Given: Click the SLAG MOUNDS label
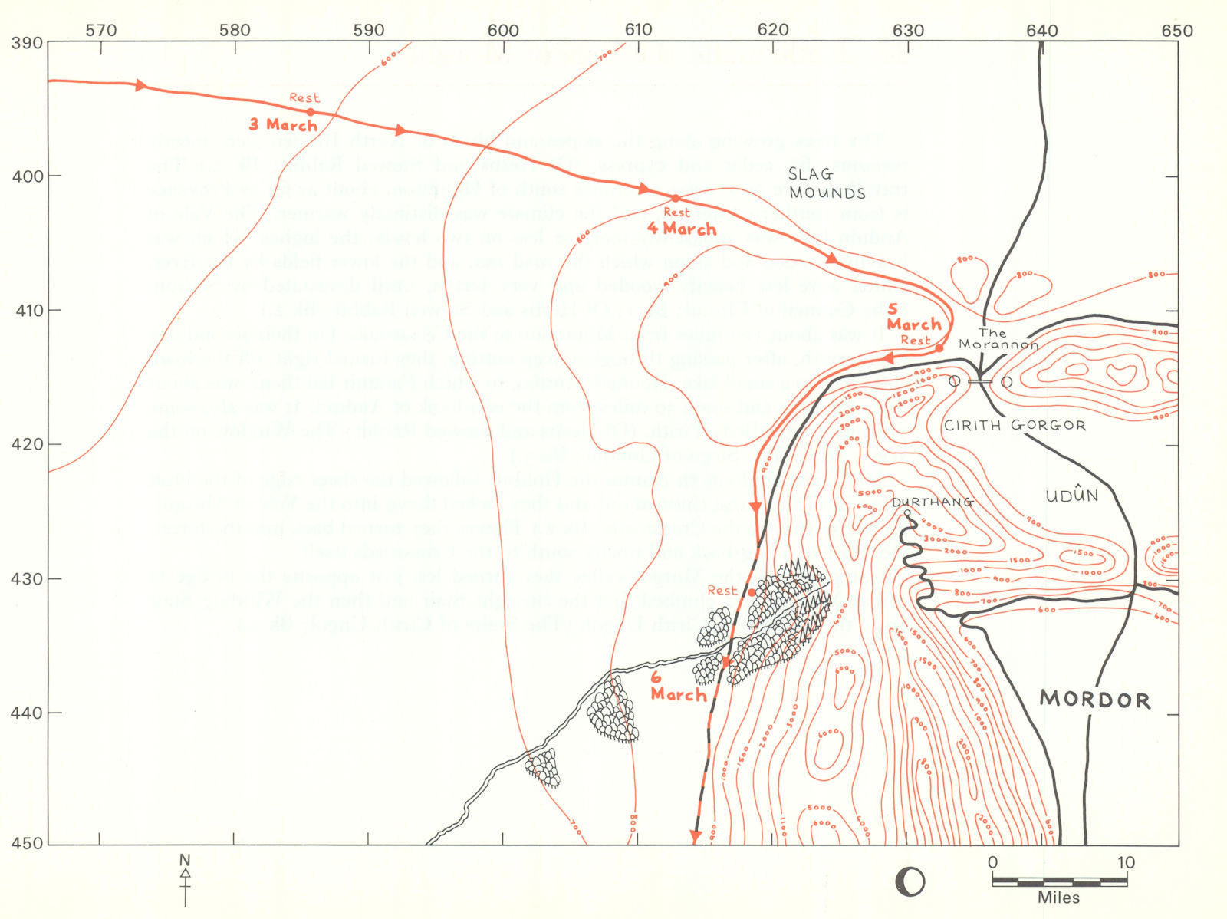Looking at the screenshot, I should (827, 183).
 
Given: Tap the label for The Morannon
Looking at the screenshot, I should (998, 338).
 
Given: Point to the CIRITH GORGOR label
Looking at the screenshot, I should (1014, 425).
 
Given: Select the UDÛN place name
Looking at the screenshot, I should (1072, 495).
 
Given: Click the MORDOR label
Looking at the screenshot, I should (1094, 700).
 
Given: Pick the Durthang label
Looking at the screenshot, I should (932, 502).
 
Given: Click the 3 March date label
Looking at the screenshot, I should (283, 124).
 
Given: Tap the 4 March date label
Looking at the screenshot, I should (682, 229).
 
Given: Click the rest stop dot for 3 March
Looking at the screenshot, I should (311, 112).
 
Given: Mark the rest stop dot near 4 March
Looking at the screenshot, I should (676, 199).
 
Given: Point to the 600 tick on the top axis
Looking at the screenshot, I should (503, 31).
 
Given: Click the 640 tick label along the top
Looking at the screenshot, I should (1042, 31).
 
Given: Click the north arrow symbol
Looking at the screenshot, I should (185, 881).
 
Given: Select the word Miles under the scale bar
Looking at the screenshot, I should (1058, 898).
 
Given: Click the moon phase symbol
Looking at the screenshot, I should (910, 882).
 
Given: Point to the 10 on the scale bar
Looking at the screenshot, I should (1125, 863).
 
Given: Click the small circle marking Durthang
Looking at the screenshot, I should (907, 513).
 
